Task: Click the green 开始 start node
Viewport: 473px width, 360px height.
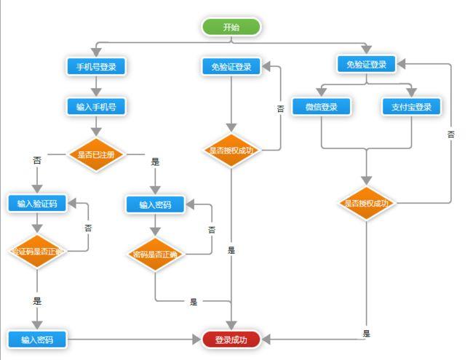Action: [231, 27]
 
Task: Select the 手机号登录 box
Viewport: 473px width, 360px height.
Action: [96, 66]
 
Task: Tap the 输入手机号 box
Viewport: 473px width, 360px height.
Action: [96, 106]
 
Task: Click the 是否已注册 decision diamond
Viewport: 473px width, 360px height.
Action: [96, 154]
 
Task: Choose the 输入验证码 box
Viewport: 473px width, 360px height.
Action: [37, 204]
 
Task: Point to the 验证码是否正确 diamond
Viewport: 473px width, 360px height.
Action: [37, 252]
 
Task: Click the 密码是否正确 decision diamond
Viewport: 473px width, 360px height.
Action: [155, 255]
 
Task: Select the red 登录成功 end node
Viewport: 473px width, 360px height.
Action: [231, 339]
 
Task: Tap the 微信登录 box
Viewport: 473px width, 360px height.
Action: [321, 107]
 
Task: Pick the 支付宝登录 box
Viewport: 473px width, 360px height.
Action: [411, 107]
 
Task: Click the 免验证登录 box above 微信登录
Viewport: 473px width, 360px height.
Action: [367, 64]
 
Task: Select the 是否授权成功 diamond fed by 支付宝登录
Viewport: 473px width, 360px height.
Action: [367, 204]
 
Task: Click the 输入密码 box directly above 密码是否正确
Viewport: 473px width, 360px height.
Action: [155, 205]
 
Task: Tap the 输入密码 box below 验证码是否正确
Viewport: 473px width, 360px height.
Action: [37, 339]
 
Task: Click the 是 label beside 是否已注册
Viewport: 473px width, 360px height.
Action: [155, 161]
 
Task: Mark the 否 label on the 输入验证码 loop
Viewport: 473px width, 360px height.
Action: [89, 228]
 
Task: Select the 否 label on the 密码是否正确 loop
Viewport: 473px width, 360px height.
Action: [212, 229]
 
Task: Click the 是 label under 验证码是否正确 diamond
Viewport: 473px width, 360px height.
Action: [37, 300]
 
